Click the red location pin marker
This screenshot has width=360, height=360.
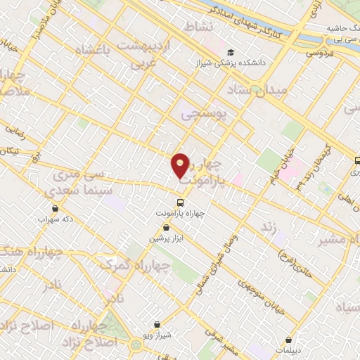click(x=180, y=166)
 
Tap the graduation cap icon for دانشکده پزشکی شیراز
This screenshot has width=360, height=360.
click(x=230, y=53)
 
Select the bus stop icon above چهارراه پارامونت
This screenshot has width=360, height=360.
click(x=180, y=202)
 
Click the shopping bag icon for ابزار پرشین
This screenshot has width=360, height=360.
click(x=166, y=228)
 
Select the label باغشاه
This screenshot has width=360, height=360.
click(x=86, y=52)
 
